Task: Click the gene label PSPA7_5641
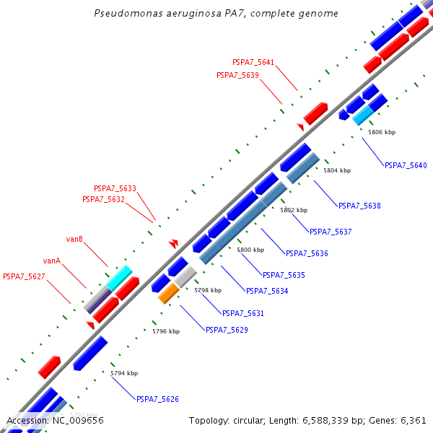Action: (253, 62)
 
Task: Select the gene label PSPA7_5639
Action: (237, 75)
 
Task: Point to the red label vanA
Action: (51, 261)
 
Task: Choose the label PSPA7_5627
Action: (24, 276)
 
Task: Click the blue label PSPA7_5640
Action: (406, 165)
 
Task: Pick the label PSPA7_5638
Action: (359, 206)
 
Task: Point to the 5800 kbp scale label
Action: (250, 250)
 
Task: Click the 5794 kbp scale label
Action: (124, 373)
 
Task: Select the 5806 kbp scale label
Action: (382, 132)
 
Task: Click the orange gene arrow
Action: (168, 292)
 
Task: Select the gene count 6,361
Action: (413, 420)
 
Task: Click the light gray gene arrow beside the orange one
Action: (185, 276)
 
